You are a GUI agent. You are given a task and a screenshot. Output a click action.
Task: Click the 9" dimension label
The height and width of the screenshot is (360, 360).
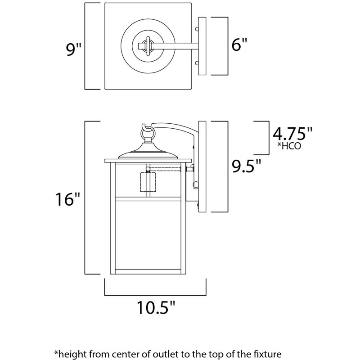(x=72, y=48)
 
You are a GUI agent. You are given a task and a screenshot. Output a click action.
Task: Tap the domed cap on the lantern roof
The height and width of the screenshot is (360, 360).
(x=148, y=153)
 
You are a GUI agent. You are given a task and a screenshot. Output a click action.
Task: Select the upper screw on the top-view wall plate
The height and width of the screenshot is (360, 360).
(x=197, y=29)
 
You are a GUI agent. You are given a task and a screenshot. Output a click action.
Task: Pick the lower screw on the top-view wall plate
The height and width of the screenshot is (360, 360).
(x=197, y=63)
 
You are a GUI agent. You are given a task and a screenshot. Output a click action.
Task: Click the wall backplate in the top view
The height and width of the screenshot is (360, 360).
(x=202, y=46)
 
